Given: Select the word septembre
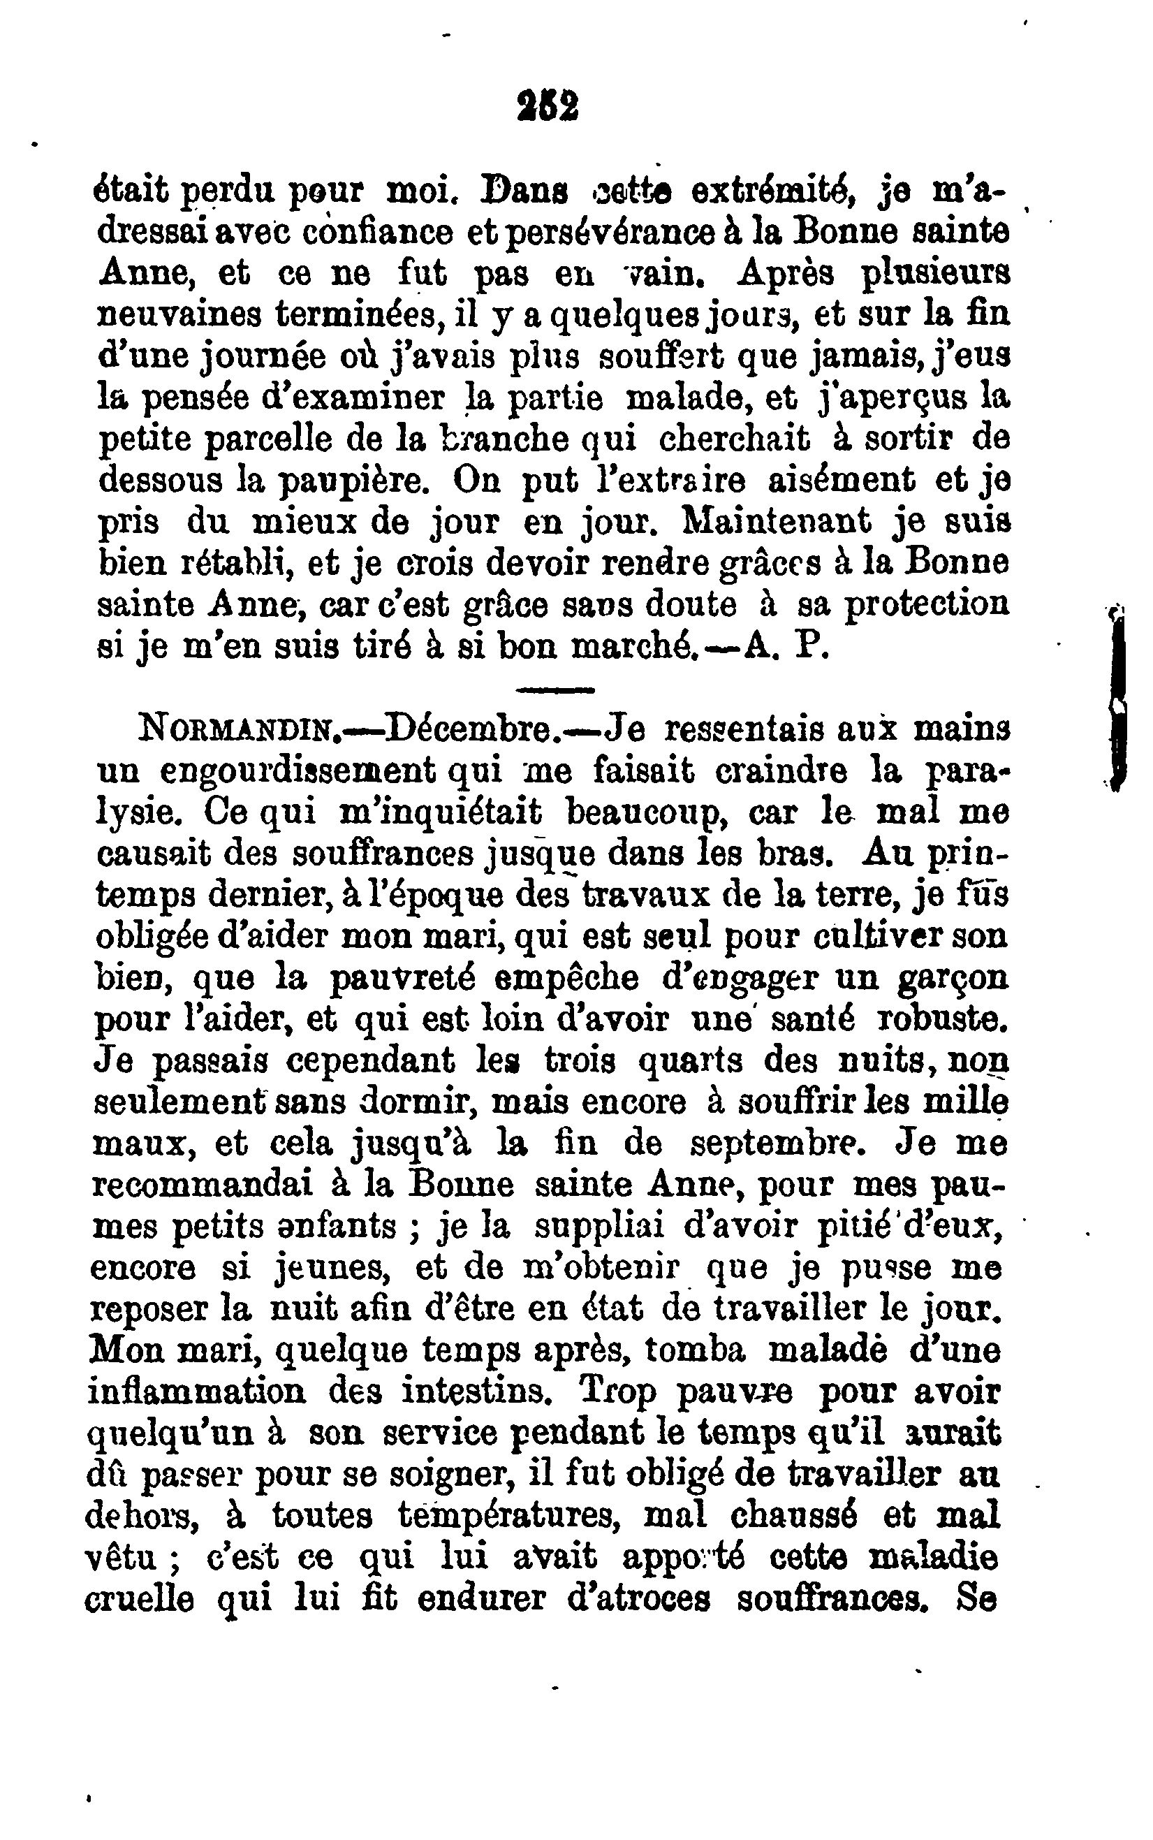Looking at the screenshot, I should click(x=780, y=1144).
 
